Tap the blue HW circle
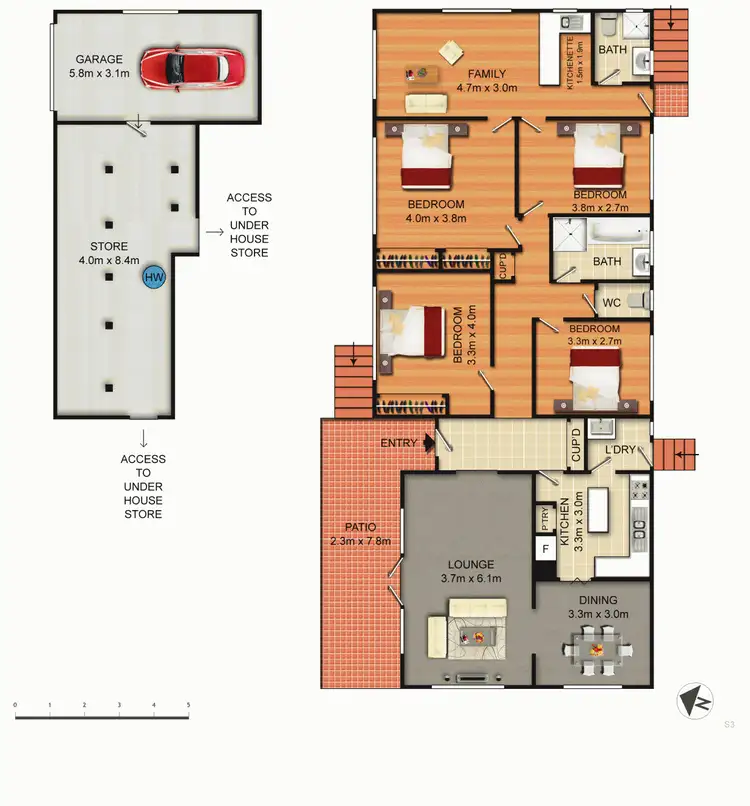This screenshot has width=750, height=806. [x=153, y=277]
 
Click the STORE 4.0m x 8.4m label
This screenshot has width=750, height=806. [x=108, y=251]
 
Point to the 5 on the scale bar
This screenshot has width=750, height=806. [x=188, y=706]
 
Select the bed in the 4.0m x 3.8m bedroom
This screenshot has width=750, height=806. [x=426, y=160]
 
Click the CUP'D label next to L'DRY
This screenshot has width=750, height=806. [x=576, y=446]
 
